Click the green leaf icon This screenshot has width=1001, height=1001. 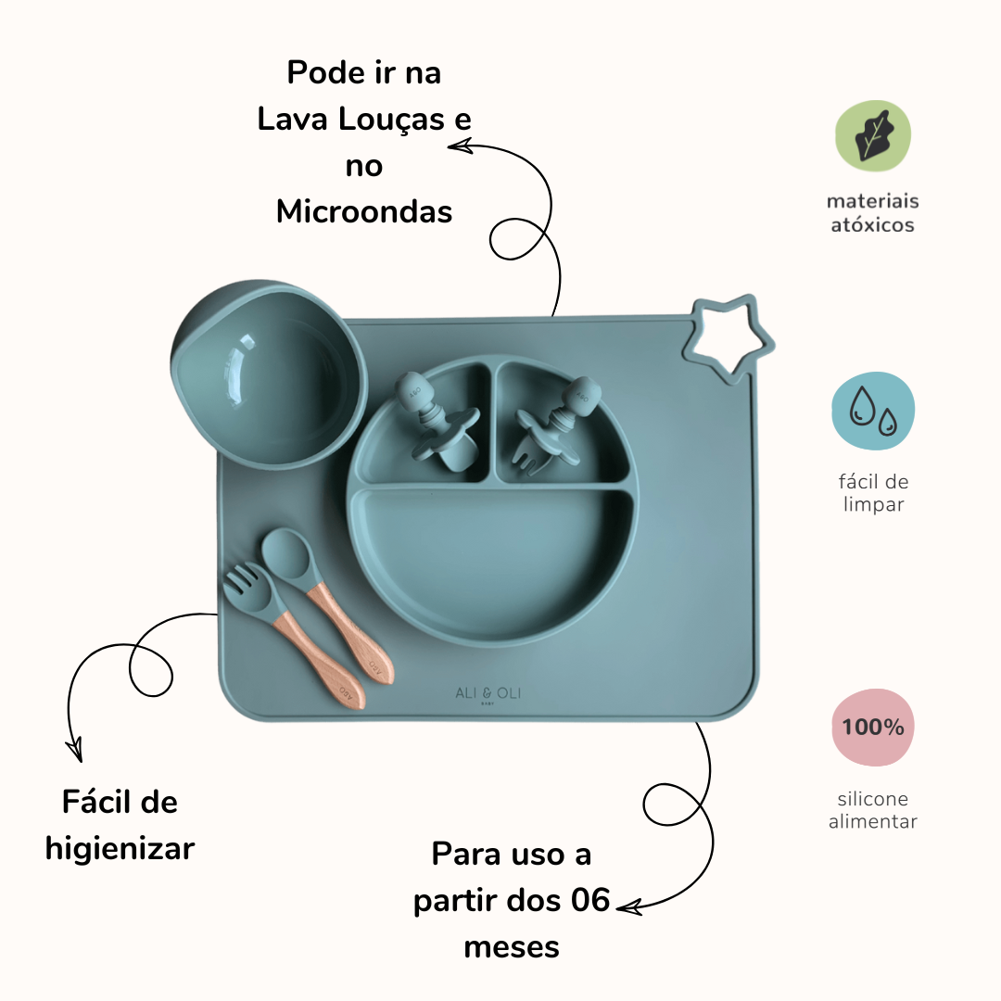click(873, 135)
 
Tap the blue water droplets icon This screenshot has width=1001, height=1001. click(873, 411)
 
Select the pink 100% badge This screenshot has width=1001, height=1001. click(873, 727)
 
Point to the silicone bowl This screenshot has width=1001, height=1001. click(268, 373)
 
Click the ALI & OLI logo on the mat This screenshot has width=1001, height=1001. click(488, 694)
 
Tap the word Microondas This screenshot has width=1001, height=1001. click(364, 211)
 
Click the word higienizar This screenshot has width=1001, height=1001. click(120, 850)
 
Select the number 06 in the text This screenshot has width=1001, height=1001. click(590, 899)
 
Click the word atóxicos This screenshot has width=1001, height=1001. click(872, 224)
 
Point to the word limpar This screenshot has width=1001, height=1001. click(873, 504)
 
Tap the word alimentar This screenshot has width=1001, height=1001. click(873, 821)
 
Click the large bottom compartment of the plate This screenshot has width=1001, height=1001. click(491, 562)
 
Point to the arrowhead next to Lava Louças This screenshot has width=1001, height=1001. click(459, 146)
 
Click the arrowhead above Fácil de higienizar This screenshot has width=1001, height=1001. click(75, 750)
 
